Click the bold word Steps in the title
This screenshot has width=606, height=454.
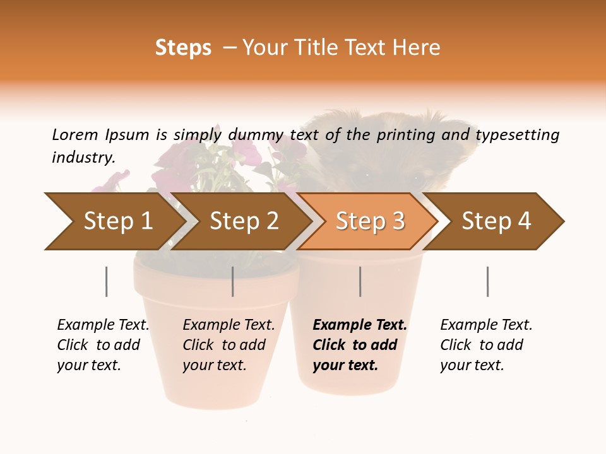[183, 48]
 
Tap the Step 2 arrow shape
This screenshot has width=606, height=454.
[243, 221]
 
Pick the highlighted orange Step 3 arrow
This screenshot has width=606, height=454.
[369, 221]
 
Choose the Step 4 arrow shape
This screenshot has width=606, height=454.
[496, 221]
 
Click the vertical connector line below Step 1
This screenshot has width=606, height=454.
[107, 281]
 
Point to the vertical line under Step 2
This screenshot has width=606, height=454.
[233, 281]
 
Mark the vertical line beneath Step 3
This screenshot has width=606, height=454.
[360, 281]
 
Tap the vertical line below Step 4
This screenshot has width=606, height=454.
[487, 281]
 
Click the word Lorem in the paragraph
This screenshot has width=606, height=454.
[74, 135]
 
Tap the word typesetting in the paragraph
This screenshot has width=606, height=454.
[517, 135]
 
